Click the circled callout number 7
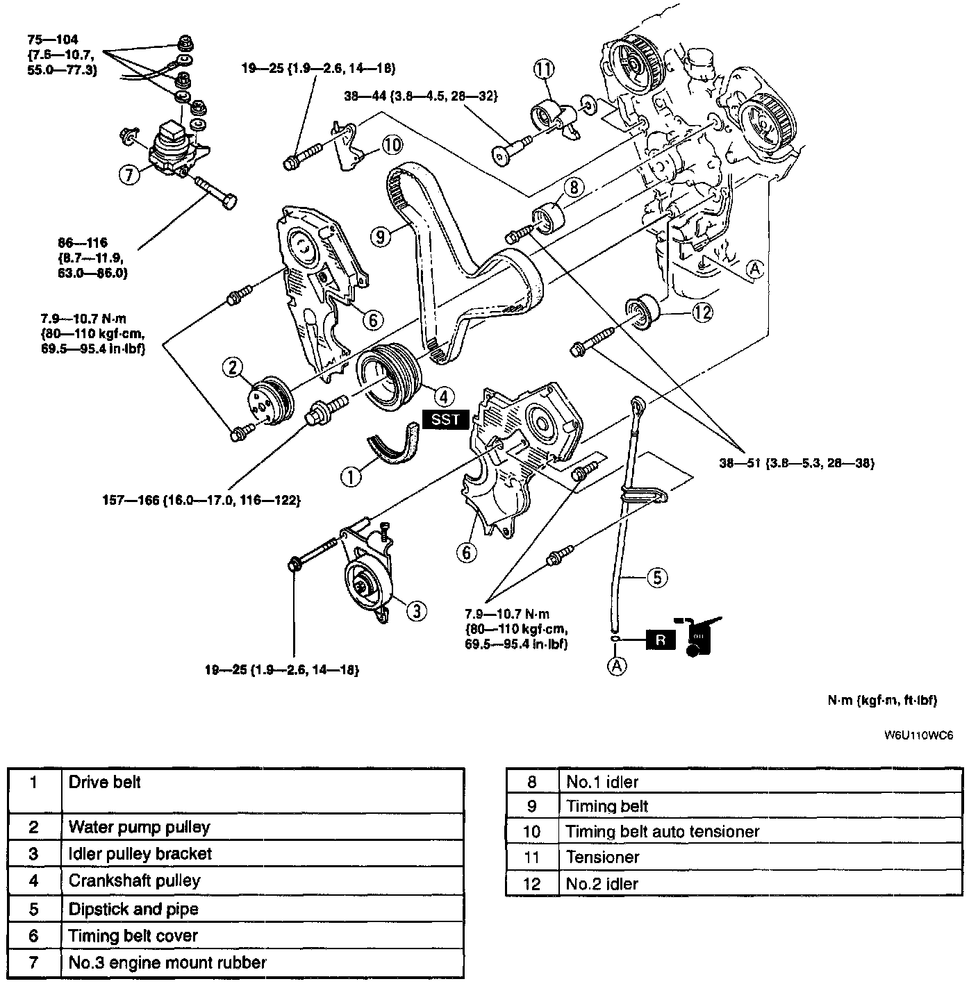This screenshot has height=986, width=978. tap(129, 175)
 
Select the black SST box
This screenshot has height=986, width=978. tap(445, 420)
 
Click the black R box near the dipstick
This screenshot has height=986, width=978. tap(661, 639)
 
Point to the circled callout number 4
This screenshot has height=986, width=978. tap(443, 396)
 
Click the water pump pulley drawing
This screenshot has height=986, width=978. tap(270, 401)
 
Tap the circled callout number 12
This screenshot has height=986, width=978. tap(703, 313)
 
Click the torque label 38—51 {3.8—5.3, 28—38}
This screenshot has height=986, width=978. tap(796, 463)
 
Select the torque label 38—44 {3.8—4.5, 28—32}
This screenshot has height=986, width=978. tap(421, 96)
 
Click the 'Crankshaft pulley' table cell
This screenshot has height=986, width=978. tap(134, 881)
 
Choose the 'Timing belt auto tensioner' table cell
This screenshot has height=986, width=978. tap(662, 831)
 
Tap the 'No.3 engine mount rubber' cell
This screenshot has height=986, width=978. tap(167, 963)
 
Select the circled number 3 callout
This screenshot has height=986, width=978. tap(415, 610)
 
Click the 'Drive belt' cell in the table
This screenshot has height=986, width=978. tap(105, 783)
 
